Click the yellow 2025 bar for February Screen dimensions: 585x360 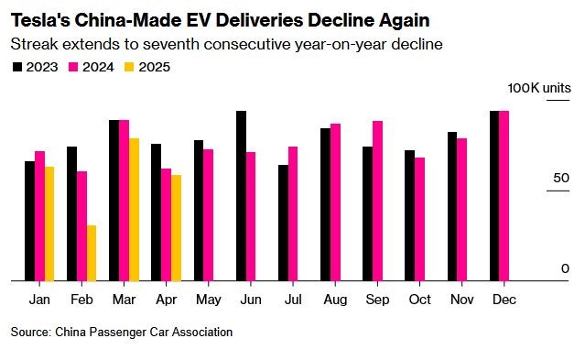click(x=92, y=253)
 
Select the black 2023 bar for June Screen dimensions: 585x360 click(x=241, y=196)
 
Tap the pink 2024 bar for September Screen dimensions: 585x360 click(x=377, y=201)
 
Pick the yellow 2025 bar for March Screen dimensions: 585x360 click(x=134, y=210)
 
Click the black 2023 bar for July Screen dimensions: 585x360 click(x=283, y=223)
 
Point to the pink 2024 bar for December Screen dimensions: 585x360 click(x=504, y=196)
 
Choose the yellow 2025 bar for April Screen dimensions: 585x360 click(x=177, y=228)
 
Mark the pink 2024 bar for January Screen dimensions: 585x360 click(x=39, y=216)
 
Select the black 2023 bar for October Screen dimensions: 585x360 click(x=409, y=215)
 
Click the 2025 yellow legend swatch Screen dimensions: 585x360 click(x=129, y=67)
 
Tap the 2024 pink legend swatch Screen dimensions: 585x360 click(x=73, y=67)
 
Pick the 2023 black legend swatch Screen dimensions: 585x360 click(x=17, y=67)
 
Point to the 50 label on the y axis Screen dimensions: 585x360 click(x=561, y=178)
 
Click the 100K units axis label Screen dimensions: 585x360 click(x=539, y=88)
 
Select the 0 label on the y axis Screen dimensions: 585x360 click(x=565, y=268)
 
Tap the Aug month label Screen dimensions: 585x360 click(x=335, y=300)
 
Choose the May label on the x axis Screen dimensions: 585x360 click(x=209, y=300)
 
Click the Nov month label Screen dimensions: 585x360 click(x=462, y=300)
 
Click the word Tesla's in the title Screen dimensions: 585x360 click(x=40, y=20)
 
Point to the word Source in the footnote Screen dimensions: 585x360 click(x=30, y=332)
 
